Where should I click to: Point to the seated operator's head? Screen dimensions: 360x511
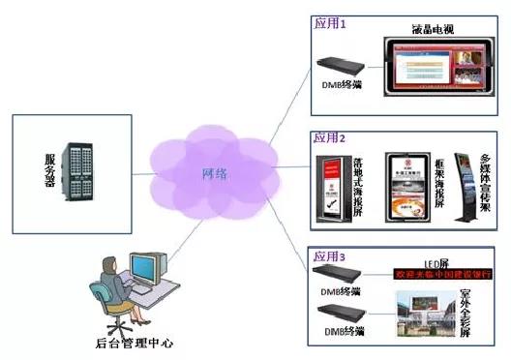pos(113,263)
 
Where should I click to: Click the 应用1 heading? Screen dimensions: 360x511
pos(329,21)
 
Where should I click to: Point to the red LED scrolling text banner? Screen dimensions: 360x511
pos(440,275)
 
